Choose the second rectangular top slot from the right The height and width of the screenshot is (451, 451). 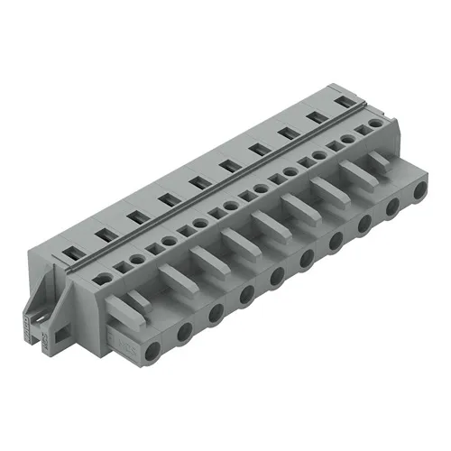tap(318, 118)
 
